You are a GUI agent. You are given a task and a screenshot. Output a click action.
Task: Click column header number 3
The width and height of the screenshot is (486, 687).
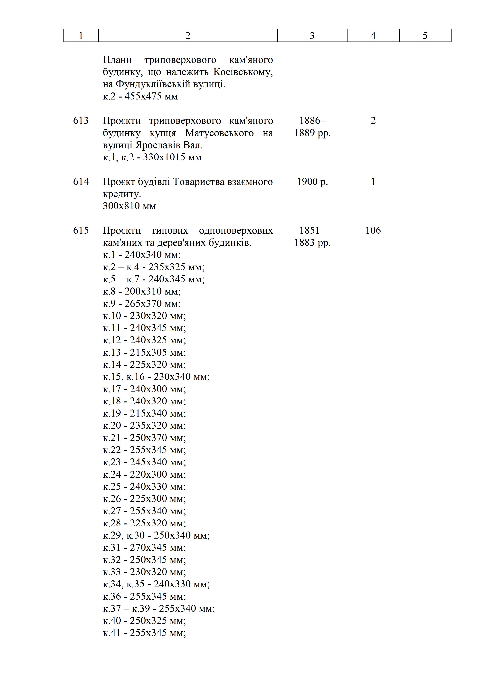point(312,36)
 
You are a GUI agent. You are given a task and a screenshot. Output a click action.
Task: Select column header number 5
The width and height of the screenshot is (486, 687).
point(425,36)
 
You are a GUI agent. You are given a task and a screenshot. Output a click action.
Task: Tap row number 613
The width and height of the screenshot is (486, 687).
point(81,121)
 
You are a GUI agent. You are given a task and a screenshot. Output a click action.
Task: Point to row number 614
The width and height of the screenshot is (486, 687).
point(81,182)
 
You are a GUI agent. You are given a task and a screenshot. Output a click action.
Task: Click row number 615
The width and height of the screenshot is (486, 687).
point(81,230)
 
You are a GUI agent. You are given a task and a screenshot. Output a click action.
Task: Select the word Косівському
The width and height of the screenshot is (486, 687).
point(243,72)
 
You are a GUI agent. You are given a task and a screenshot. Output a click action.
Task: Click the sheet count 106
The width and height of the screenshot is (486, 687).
point(373,230)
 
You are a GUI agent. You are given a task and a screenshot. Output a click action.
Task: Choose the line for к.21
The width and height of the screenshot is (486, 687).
point(144,438)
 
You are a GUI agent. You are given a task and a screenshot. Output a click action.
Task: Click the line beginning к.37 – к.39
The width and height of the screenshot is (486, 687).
point(159,608)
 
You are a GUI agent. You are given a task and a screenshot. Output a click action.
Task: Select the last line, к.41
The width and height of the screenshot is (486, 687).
point(144,633)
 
